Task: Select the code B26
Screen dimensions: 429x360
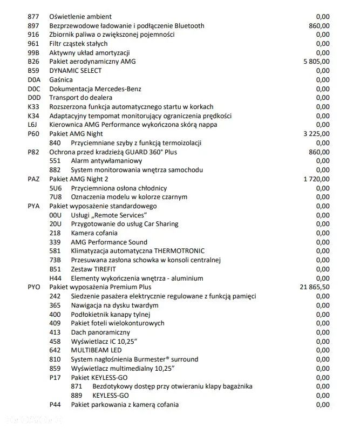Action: [x=33, y=62]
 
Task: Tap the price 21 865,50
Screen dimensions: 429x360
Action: [x=314, y=287]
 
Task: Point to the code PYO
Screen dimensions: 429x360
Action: [x=34, y=287]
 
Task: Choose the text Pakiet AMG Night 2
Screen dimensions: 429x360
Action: [x=79, y=179]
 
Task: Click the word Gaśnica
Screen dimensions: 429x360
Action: [x=61, y=80]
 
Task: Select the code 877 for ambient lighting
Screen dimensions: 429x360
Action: [x=33, y=17]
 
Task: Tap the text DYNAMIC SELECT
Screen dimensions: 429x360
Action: [x=76, y=71]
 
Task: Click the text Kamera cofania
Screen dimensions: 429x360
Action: [x=94, y=233]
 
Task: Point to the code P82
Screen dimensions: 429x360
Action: [x=33, y=152]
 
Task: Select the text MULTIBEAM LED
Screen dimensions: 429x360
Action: [x=97, y=350]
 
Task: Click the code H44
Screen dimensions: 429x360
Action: [x=55, y=278]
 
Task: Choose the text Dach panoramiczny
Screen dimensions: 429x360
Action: [x=100, y=332]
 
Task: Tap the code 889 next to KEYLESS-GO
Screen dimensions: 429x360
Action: [x=77, y=396]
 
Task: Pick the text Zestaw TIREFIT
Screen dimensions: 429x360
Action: [x=93, y=269]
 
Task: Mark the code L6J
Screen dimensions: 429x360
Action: [x=33, y=125]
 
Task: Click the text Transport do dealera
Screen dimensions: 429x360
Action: [x=81, y=98]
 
